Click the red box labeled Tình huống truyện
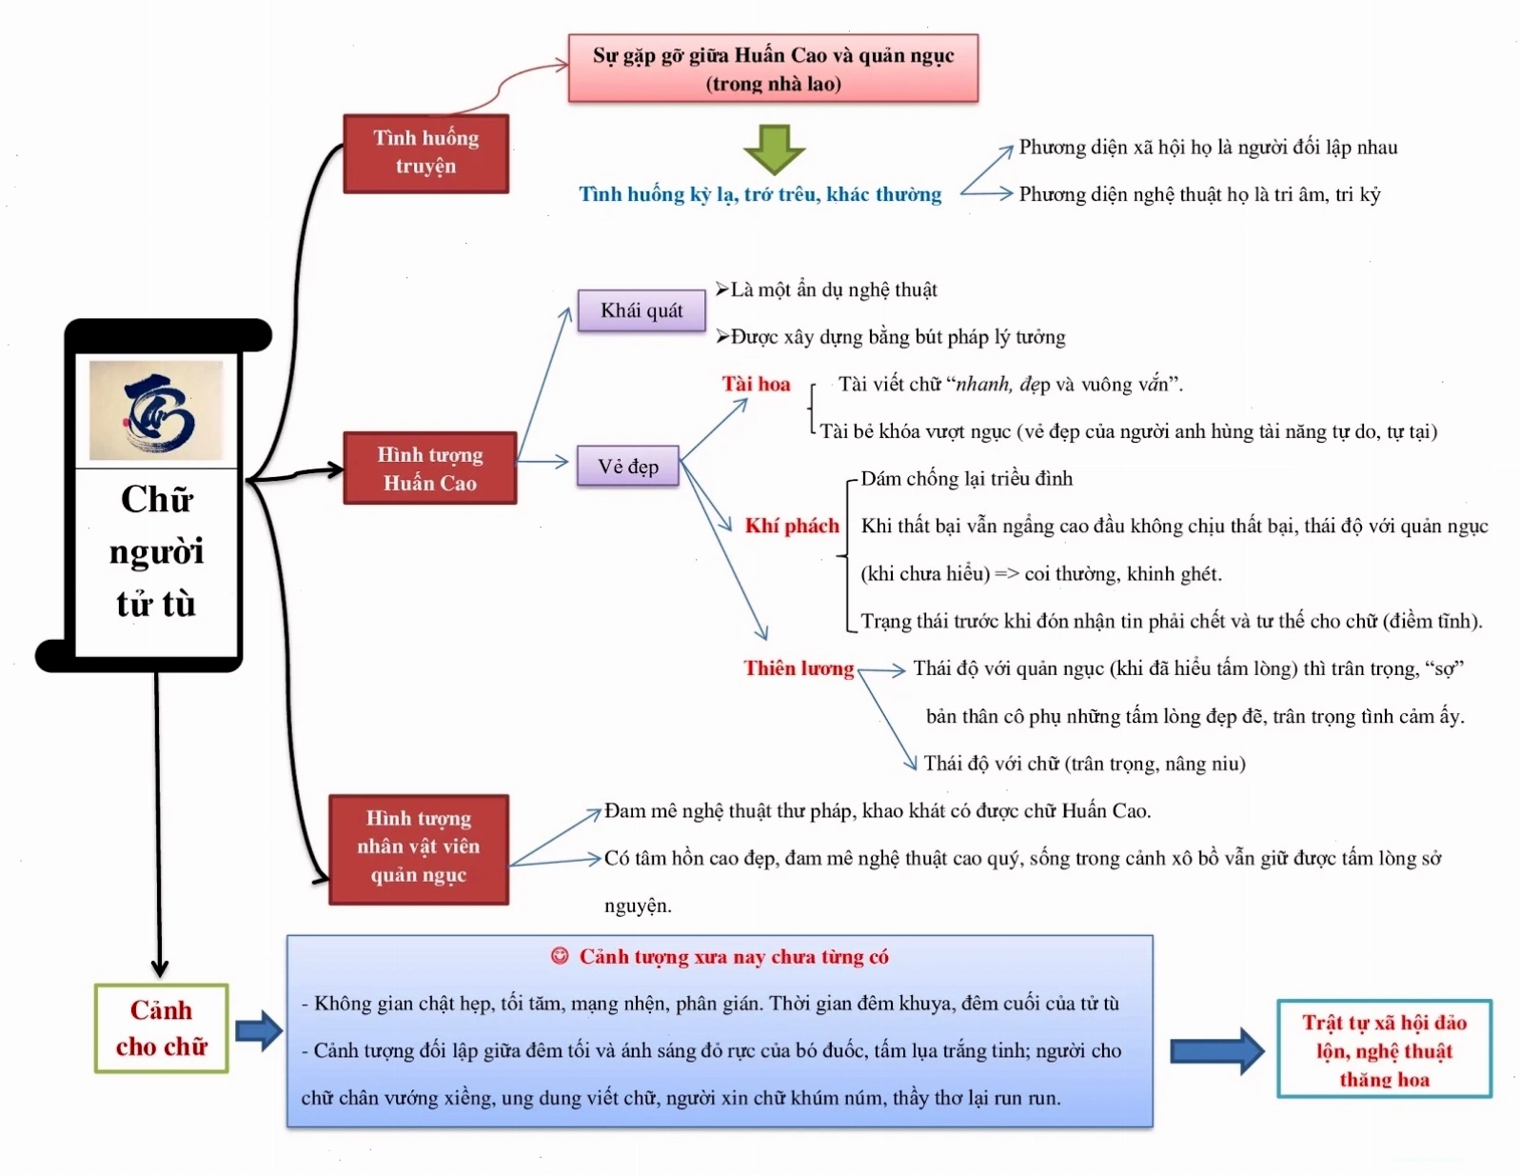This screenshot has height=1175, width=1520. tap(426, 153)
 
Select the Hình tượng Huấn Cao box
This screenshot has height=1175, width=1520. tap(429, 468)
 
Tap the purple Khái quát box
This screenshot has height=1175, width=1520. tap(642, 310)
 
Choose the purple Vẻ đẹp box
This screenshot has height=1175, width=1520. tap(628, 466)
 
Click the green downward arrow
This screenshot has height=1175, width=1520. tap(774, 149)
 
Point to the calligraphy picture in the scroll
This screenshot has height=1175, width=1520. tap(156, 410)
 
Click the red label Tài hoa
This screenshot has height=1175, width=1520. tap(756, 384)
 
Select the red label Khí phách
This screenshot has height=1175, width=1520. tap(792, 526)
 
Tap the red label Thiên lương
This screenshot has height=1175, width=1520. tap(799, 668)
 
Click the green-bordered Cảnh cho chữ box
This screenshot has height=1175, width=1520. tap(162, 1028)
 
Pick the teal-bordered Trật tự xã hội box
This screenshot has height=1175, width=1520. tap(1384, 1049)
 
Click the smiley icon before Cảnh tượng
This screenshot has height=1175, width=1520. tap(560, 955)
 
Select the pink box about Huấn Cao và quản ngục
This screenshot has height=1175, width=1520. tap(773, 69)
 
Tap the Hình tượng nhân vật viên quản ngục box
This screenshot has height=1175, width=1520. tap(418, 849)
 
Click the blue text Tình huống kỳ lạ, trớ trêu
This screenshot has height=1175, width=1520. tap(760, 194)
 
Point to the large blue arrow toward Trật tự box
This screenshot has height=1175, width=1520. tap(1218, 1050)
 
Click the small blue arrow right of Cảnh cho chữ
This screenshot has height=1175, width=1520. tap(259, 1030)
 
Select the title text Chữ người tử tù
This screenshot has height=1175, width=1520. tap(157, 551)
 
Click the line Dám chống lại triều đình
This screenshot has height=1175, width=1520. tap(966, 479)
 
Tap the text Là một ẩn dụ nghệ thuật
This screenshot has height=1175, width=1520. tap(826, 289)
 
